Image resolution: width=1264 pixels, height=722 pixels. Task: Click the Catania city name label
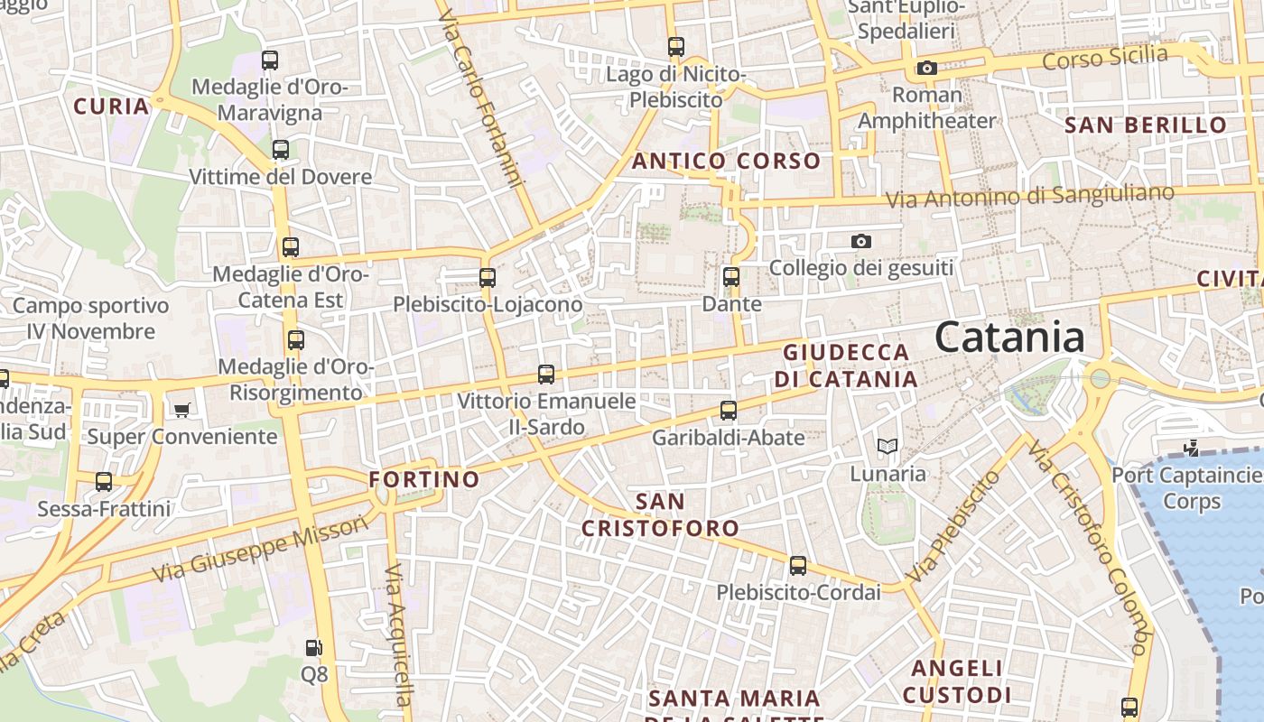click(1009, 338)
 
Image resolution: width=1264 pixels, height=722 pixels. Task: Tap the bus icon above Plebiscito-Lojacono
click(488, 277)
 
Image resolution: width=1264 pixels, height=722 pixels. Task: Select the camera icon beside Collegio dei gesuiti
click(861, 241)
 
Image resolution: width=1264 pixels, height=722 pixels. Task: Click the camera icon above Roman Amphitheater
click(926, 68)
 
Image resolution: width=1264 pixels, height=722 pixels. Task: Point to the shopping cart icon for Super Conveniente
click(181, 410)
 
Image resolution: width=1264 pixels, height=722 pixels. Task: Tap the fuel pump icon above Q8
click(313, 647)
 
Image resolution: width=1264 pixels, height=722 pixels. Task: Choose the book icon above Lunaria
click(888, 446)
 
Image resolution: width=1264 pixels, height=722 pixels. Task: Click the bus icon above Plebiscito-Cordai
click(797, 566)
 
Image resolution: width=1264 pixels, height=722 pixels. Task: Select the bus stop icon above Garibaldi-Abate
click(729, 411)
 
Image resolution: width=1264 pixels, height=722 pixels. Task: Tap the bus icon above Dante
click(731, 277)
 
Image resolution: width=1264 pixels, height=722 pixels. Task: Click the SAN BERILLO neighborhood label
click(1147, 125)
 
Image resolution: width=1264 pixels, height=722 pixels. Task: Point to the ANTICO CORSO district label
click(726, 162)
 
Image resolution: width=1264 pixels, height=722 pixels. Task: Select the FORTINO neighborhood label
click(424, 479)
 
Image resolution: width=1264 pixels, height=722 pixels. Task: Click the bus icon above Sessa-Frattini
click(104, 482)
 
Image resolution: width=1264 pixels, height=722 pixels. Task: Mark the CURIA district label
click(111, 106)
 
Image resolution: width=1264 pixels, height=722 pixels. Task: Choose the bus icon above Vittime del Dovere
click(281, 150)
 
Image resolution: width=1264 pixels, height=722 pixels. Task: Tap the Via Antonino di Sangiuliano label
click(1029, 196)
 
